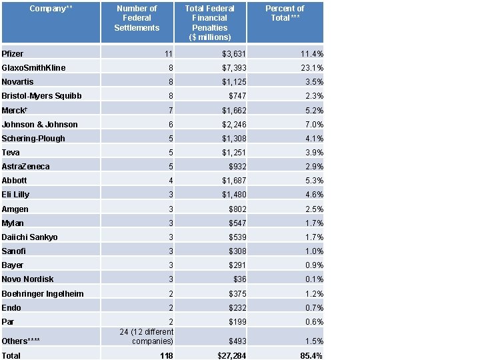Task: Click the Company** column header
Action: (50, 9)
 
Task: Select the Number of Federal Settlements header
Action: (137, 18)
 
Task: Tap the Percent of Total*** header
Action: (285, 13)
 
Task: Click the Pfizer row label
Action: (12, 53)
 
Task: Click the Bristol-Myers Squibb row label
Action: (41, 96)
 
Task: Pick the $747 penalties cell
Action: (237, 96)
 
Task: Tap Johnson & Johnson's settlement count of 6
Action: (170, 125)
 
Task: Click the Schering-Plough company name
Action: (33, 139)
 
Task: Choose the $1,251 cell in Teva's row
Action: (234, 153)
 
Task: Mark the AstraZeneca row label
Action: (25, 167)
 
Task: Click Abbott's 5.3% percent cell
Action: (314, 181)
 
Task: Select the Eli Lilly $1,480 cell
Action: (234, 195)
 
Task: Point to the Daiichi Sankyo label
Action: (29, 237)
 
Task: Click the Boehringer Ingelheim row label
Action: (43, 294)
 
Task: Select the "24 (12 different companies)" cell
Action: (146, 337)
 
